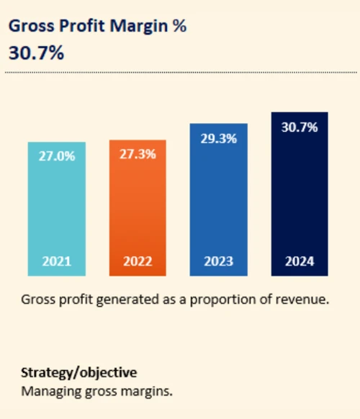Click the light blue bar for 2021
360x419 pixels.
[x=56, y=209]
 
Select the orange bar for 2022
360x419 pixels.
[x=137, y=209]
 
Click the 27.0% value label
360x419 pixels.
[x=56, y=156]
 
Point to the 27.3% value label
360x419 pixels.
[x=137, y=154]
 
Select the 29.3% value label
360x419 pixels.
[x=218, y=139]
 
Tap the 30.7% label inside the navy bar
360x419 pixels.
[x=300, y=127]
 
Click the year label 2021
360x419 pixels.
[x=56, y=261]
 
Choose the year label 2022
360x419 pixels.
[x=137, y=261]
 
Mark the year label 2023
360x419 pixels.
[x=218, y=261]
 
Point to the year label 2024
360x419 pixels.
[x=300, y=261]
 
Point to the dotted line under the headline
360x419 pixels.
[x=180, y=72]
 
